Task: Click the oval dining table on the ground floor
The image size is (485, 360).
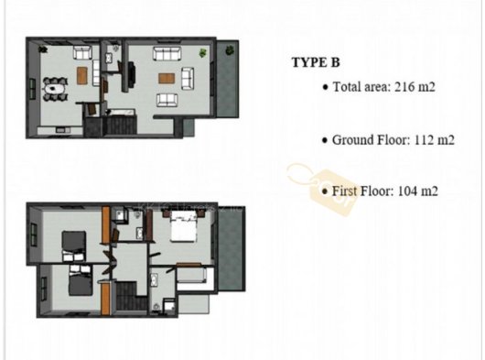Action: [55, 89]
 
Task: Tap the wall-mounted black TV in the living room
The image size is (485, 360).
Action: [131, 74]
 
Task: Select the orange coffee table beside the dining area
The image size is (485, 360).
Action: [82, 75]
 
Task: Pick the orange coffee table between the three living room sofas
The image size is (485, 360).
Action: [167, 78]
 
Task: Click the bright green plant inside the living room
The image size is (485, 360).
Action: [202, 52]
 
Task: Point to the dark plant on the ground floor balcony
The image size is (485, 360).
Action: [230, 49]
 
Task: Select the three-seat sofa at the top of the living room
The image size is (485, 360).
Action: [167, 54]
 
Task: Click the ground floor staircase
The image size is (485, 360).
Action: [120, 125]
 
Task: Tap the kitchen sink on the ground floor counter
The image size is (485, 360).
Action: [63, 131]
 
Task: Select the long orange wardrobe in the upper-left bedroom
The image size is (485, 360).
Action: [106, 224]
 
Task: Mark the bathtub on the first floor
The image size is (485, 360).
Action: [191, 275]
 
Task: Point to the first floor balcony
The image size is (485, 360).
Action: [232, 248]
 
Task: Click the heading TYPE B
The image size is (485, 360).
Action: [316, 62]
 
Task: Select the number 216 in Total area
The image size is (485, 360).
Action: [405, 87]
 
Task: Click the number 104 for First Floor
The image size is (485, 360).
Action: [407, 191]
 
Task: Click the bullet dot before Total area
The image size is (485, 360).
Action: [325, 88]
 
